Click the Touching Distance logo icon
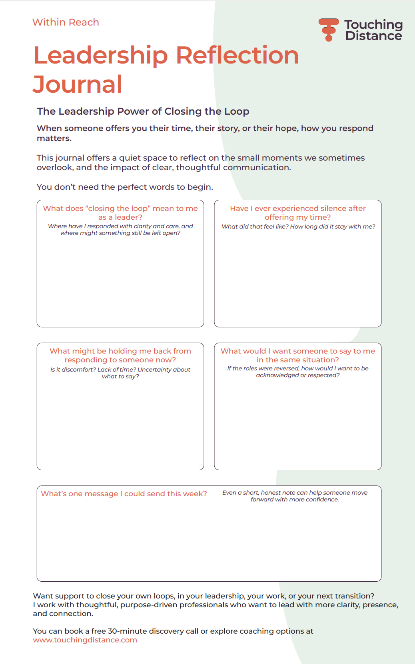pyautogui.click(x=329, y=29)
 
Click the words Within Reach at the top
pyautogui.click(x=66, y=22)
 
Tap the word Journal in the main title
pyautogui.click(x=78, y=84)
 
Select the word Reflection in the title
pyautogui.click(x=237, y=55)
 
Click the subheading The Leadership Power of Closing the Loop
pyautogui.click(x=143, y=111)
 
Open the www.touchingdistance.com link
pyautogui.click(x=85, y=640)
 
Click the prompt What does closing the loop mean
pyautogui.click(x=120, y=213)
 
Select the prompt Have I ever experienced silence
pyautogui.click(x=297, y=213)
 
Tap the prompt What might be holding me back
pyautogui.click(x=120, y=355)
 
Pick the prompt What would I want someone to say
pyautogui.click(x=297, y=355)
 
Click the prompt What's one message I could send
pyautogui.click(x=124, y=494)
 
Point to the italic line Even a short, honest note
pyautogui.click(x=295, y=496)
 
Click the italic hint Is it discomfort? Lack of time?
pyautogui.click(x=120, y=373)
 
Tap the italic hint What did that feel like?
pyautogui.click(x=298, y=227)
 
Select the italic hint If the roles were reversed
pyautogui.click(x=297, y=372)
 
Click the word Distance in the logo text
pyautogui.click(x=373, y=36)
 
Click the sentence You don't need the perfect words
pyautogui.click(x=125, y=187)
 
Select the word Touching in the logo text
pyautogui.click(x=373, y=24)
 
